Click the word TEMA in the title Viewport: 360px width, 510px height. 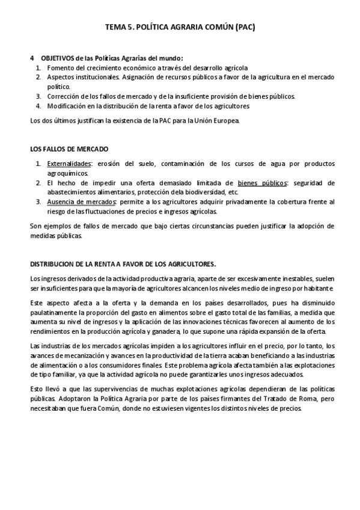point(117,27)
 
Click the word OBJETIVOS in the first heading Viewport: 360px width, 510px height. point(58,58)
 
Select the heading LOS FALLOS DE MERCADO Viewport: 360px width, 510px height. point(69,149)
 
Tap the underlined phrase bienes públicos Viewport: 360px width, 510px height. point(261,182)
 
